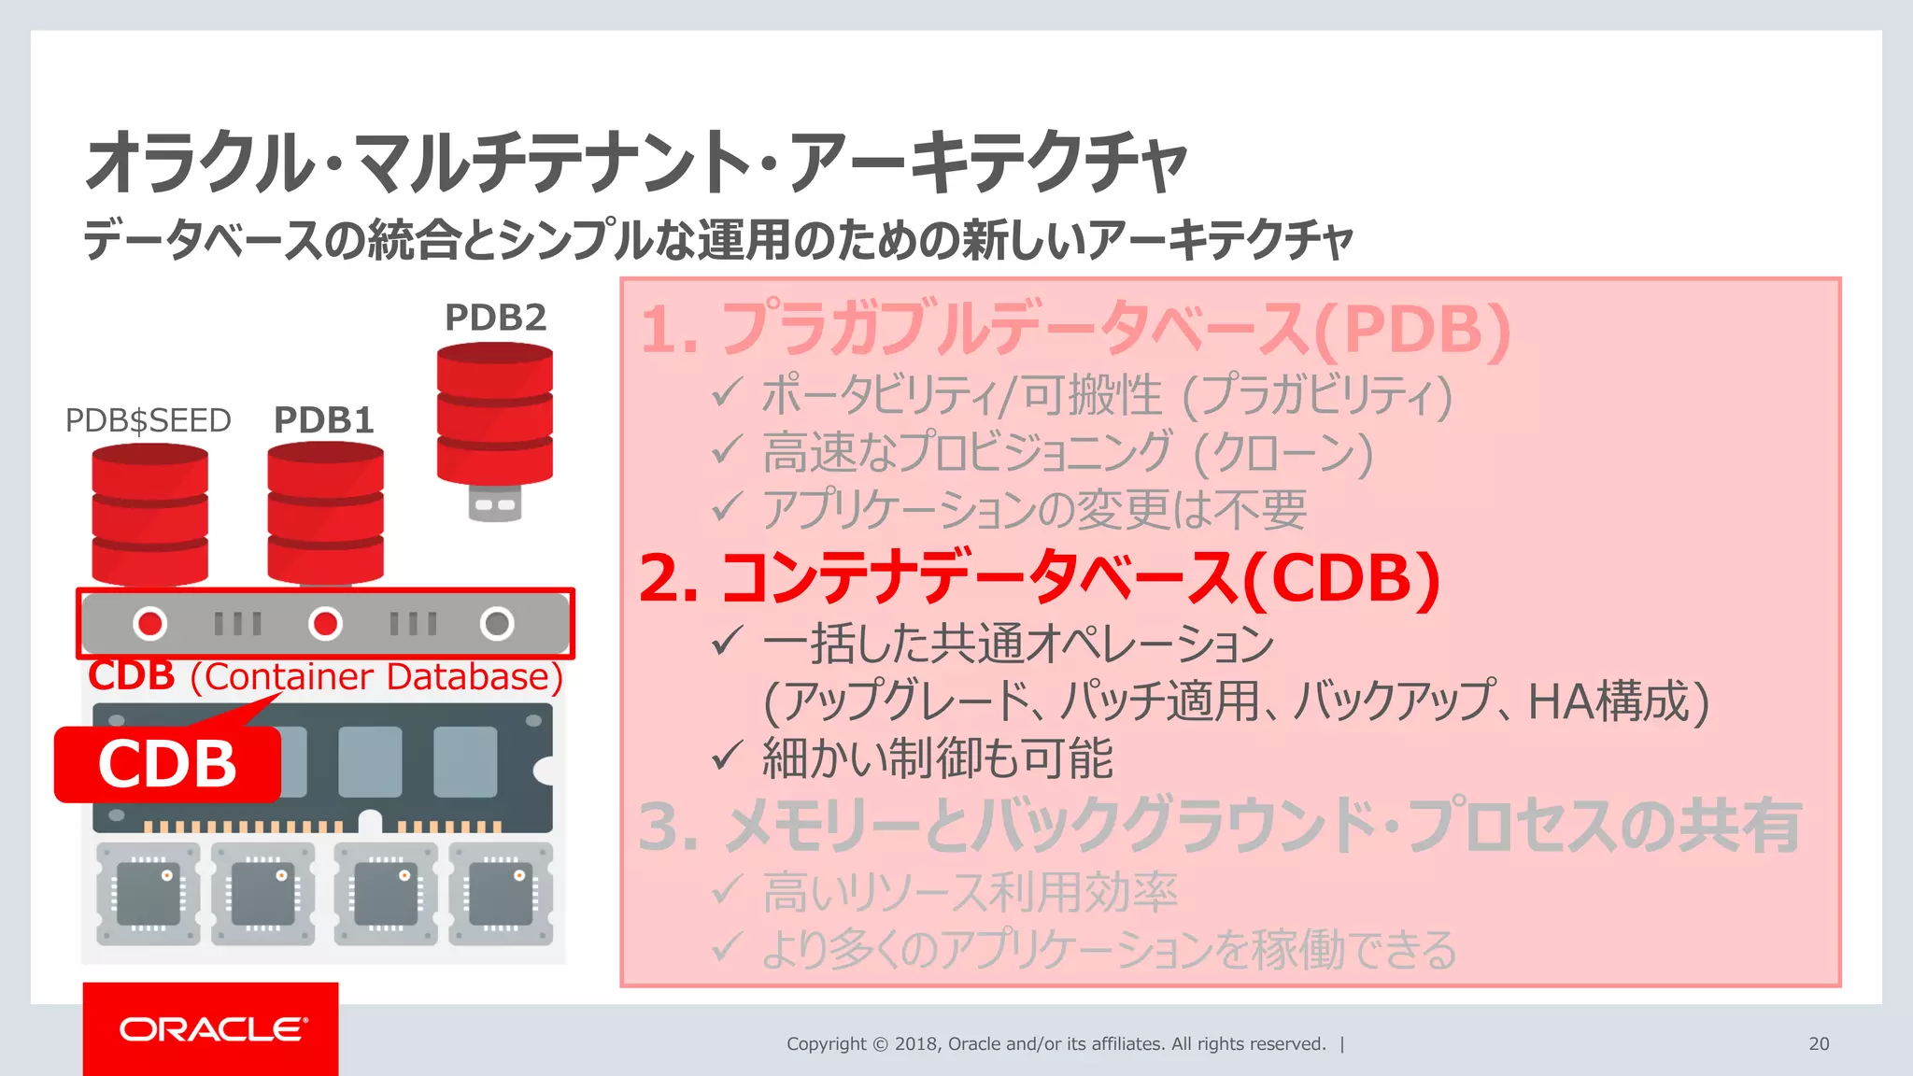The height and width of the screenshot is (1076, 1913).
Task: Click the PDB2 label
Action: (495, 318)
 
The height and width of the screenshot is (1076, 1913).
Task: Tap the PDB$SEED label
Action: (148, 420)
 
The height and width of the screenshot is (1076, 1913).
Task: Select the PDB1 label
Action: (324, 420)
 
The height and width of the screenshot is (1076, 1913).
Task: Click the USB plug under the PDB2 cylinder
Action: (494, 503)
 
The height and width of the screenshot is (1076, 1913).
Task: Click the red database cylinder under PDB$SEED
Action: (149, 516)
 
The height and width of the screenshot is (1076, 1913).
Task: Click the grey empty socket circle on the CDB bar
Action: (497, 623)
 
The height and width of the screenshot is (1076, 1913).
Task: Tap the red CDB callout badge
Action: (167, 764)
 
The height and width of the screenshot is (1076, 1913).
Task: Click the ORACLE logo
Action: (211, 1029)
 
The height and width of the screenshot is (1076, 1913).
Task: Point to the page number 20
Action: (1818, 1043)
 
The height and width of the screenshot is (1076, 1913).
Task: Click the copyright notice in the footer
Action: (1056, 1043)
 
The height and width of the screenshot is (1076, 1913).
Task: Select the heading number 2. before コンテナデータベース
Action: (669, 579)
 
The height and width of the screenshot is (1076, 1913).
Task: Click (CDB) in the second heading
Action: (1341, 579)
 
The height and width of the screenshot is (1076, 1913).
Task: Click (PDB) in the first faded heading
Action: (1411, 330)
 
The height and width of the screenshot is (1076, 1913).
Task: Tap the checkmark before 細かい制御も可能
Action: (727, 756)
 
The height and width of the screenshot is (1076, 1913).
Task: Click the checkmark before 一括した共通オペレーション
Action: (727, 642)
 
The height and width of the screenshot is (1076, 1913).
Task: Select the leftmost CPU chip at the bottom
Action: (149, 894)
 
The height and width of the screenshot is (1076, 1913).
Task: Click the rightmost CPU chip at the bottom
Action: (501, 894)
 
